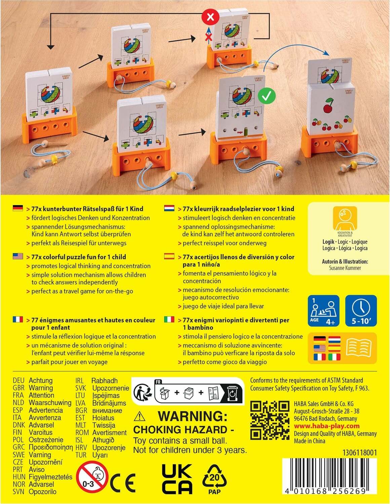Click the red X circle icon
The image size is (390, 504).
(x=210, y=17)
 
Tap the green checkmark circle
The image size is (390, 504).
(x=267, y=96)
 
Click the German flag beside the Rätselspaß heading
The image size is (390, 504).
(x=18, y=208)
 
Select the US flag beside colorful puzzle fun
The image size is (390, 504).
(x=18, y=256)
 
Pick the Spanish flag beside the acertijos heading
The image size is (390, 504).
(x=169, y=256)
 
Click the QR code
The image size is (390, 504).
(x=270, y=420)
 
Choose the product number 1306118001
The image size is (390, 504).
(x=360, y=453)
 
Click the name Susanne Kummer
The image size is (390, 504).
(x=345, y=268)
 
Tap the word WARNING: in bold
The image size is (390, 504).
(x=193, y=416)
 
